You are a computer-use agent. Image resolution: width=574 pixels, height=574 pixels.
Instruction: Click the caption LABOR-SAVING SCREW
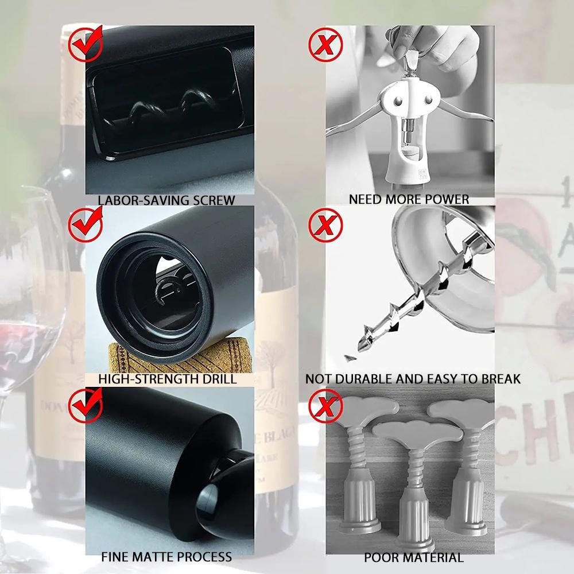click(x=166, y=200)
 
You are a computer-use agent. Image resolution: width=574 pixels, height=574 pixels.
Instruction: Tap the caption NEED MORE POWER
click(x=409, y=200)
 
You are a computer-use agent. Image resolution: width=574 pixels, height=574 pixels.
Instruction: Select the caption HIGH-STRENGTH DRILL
click(x=167, y=379)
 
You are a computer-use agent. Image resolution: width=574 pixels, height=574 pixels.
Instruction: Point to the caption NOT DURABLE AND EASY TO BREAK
click(x=413, y=379)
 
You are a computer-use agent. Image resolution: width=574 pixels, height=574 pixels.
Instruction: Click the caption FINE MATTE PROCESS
click(x=166, y=556)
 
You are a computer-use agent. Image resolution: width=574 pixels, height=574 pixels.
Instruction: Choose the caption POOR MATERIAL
click(x=413, y=557)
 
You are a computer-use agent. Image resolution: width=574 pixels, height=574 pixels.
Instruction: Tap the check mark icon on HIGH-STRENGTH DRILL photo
click(x=86, y=226)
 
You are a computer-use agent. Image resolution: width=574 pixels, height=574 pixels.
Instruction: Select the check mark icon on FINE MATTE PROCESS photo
click(x=86, y=405)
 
